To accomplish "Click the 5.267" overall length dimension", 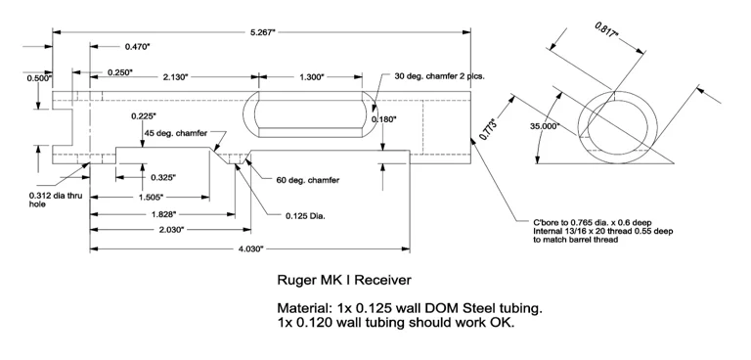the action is tap(262, 32).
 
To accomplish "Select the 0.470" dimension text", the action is tap(138, 47).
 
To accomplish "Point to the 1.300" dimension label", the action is tap(310, 76).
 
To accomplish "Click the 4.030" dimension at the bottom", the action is tap(249, 248).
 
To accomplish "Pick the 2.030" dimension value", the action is tap(171, 230).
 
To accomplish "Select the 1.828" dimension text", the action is tap(163, 214).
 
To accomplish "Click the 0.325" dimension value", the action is tap(163, 177).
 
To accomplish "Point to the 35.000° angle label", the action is tap(545, 126).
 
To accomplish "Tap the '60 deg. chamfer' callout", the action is tap(308, 180).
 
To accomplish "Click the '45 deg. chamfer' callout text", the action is tap(176, 133).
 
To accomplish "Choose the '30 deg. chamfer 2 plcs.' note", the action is tap(440, 76).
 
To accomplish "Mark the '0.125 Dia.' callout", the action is tap(305, 216).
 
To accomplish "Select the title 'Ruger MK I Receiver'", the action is tap(344, 280).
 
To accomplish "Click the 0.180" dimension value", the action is tap(384, 119).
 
